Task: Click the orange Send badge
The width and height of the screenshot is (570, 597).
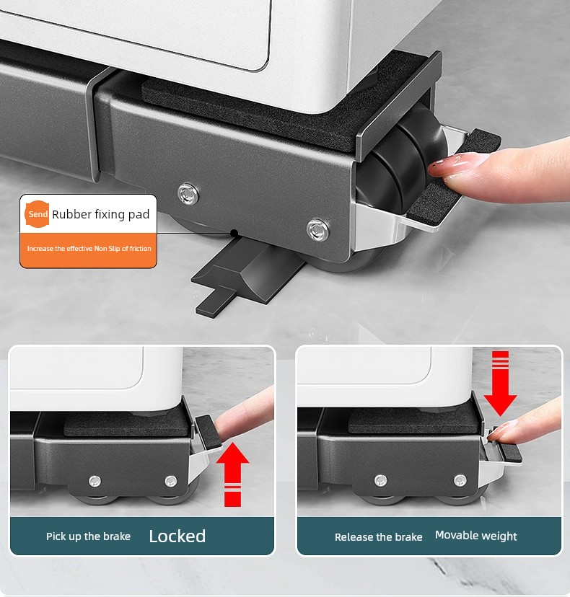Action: [37, 214]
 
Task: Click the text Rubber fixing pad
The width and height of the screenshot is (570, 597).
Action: [100, 214]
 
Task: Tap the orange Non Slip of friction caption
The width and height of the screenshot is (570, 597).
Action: [89, 249]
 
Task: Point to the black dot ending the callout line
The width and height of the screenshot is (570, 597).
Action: [234, 233]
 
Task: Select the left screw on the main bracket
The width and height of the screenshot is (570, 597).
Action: [188, 193]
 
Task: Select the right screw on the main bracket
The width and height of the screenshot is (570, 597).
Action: [318, 229]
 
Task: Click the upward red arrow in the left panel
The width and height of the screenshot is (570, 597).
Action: [232, 474]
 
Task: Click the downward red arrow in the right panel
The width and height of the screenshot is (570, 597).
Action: [500, 384]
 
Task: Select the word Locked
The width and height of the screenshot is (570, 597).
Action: [177, 536]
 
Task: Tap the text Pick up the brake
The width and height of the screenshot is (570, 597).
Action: [89, 536]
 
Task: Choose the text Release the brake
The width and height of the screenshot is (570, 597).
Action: [378, 537]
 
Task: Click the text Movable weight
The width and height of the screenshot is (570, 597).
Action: [476, 536]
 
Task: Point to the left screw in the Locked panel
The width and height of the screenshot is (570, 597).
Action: [95, 481]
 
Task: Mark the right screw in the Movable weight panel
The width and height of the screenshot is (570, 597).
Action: [460, 480]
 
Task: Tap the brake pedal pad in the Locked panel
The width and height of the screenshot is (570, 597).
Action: [209, 432]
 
